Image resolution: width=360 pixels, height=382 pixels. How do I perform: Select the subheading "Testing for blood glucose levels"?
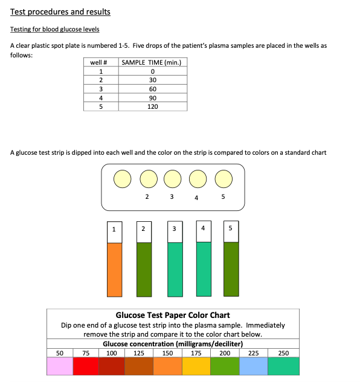tap(55, 29)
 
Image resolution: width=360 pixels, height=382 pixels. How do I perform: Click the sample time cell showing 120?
tap(153, 106)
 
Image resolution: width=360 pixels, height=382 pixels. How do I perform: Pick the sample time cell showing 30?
tap(153, 80)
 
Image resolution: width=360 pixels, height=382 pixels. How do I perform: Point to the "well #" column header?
tap(101, 62)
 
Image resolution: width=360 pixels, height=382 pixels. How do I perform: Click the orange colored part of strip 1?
tap(114, 269)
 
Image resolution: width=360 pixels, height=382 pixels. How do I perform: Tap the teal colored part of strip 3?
tap(175, 269)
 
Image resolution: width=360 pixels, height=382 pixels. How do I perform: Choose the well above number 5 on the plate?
tap(223, 179)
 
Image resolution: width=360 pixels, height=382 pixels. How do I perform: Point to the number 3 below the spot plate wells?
tap(172, 197)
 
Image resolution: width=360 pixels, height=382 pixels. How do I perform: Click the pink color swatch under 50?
tap(59, 366)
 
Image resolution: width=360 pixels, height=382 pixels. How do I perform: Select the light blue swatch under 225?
tap(254, 366)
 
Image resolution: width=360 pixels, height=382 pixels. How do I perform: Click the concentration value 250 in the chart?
tap(283, 353)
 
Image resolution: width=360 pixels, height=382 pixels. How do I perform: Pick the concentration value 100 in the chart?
tap(112, 353)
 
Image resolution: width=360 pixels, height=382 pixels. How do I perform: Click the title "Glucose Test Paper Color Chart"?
tap(173, 315)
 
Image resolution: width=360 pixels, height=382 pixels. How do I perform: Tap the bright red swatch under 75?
tap(86, 366)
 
